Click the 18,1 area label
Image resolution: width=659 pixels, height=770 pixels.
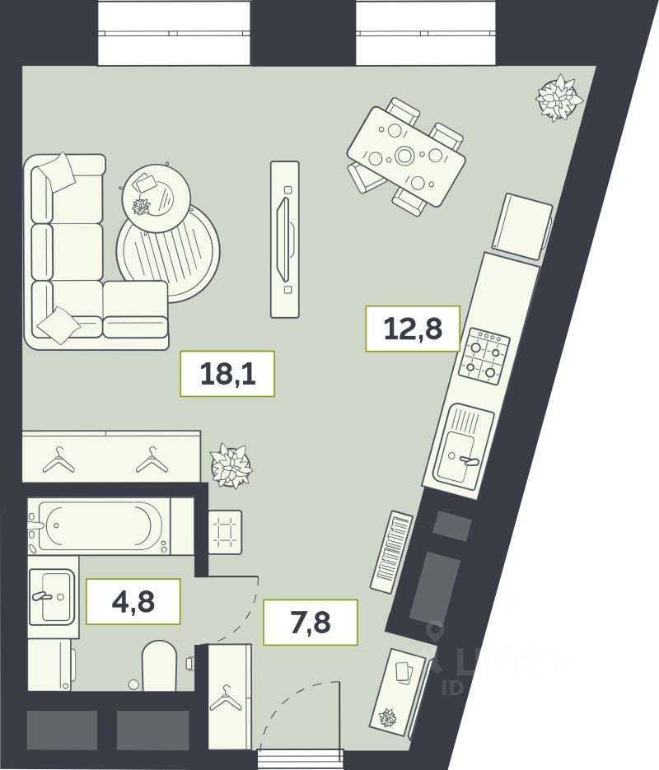(x=227, y=374)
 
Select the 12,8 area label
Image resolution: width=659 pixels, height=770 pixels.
(x=413, y=329)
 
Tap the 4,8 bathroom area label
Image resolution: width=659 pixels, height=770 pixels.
(x=133, y=601)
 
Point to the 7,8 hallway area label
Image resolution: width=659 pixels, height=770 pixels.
(x=311, y=622)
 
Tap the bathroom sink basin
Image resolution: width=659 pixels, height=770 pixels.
(x=52, y=596)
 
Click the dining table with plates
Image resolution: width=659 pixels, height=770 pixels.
(x=406, y=156)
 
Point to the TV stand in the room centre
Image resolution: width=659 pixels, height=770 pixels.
(x=285, y=239)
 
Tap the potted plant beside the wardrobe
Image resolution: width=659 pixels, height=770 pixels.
(x=231, y=465)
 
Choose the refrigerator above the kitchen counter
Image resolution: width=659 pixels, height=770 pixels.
(x=522, y=226)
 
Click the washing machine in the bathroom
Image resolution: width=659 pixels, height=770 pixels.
(x=51, y=665)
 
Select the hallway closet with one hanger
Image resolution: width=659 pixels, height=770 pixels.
(x=230, y=703)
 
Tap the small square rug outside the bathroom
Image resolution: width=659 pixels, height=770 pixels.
(x=226, y=533)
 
